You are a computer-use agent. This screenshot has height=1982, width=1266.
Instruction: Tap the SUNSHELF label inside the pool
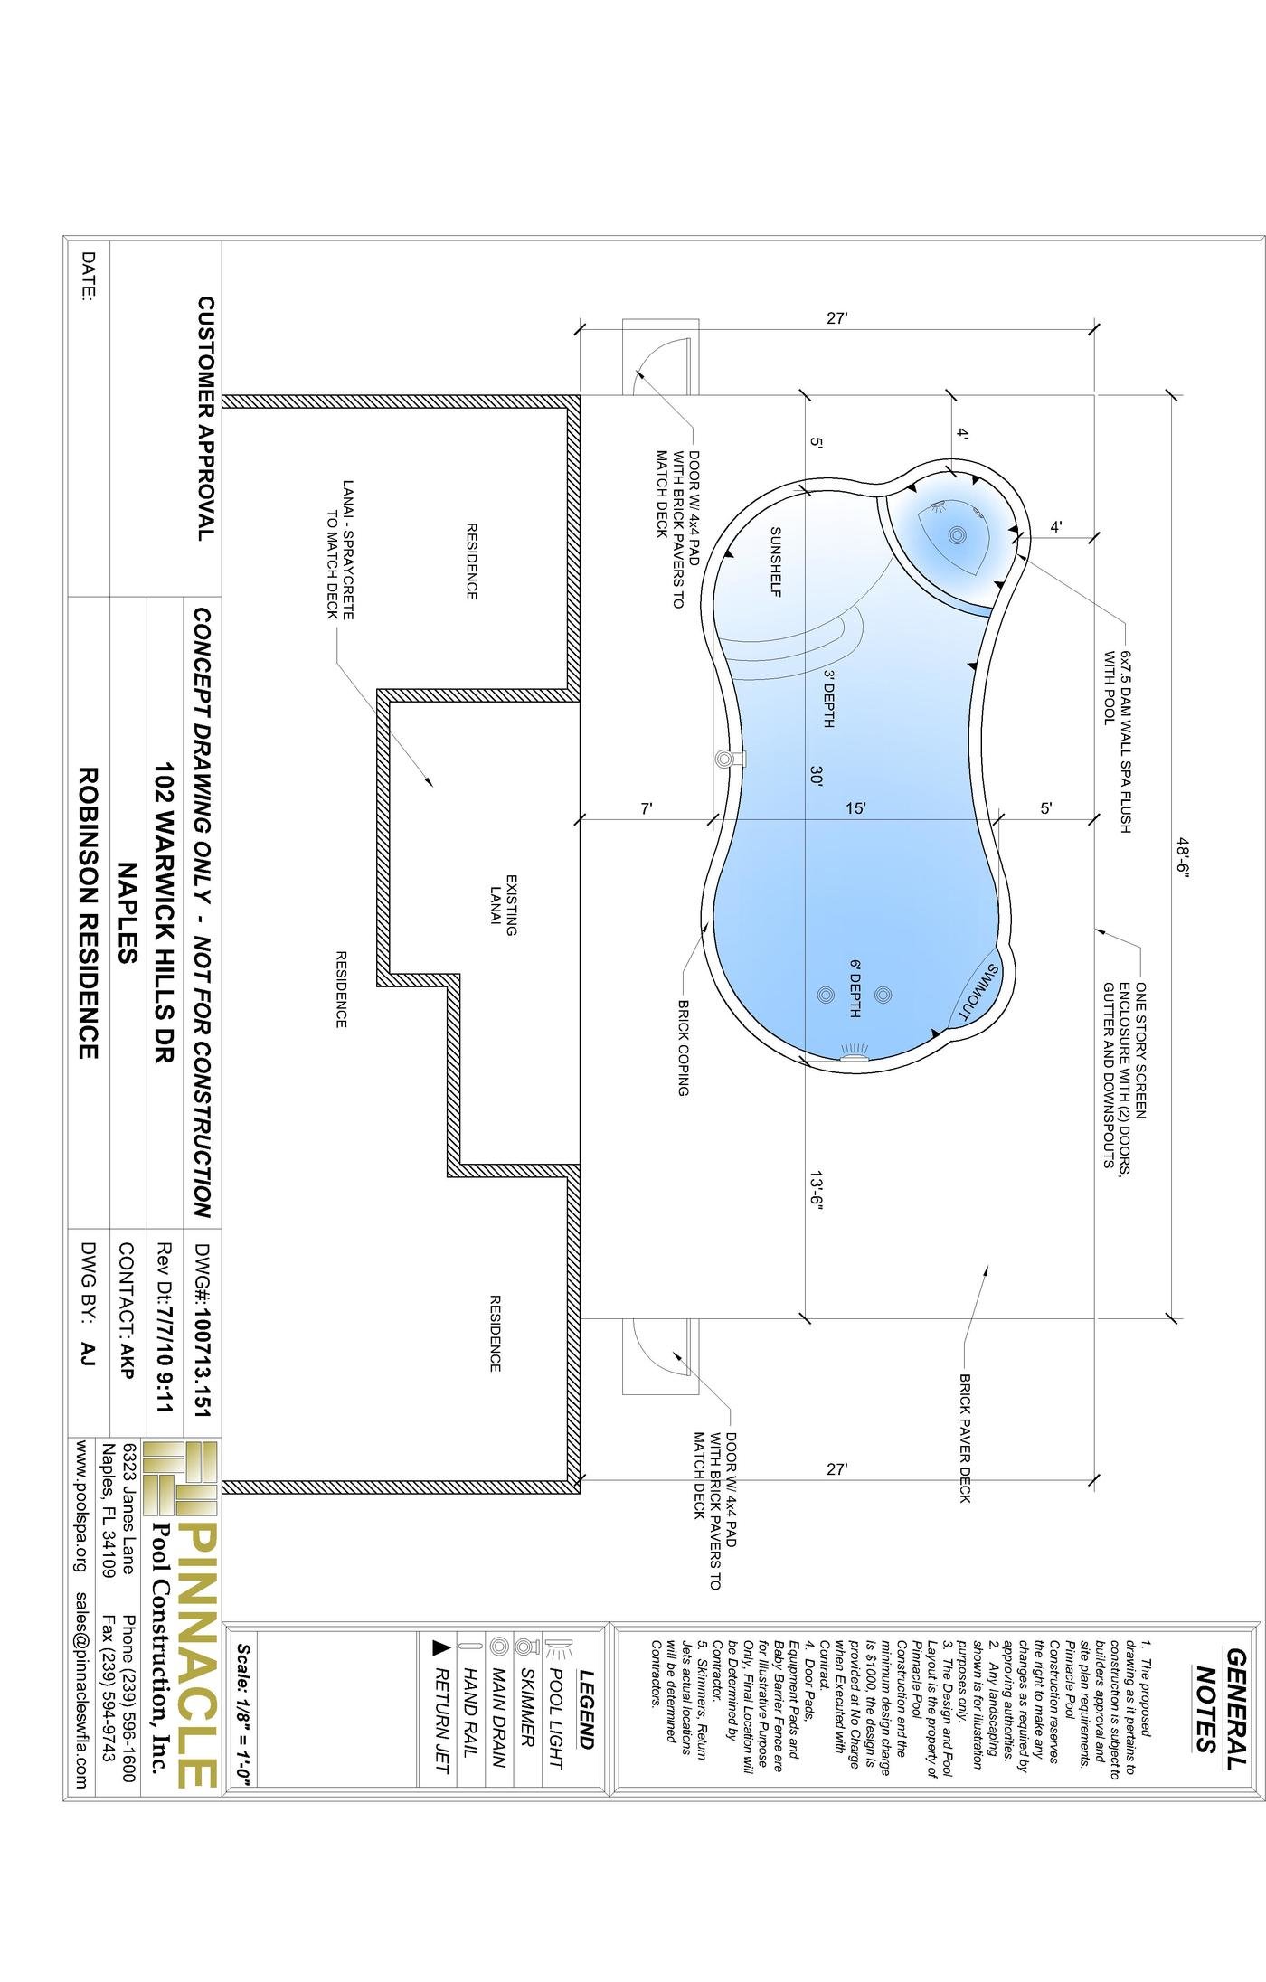coord(776,562)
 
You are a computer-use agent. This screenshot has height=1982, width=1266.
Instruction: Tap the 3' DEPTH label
coord(827,698)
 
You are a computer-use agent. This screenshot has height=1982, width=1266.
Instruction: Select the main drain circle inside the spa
coord(957,534)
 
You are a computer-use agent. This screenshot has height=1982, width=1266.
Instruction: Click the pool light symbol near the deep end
coord(854,1051)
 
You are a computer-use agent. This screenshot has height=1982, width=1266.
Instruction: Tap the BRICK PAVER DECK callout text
coord(965,1439)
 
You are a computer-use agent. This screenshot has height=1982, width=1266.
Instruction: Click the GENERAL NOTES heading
coord(1221,1699)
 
